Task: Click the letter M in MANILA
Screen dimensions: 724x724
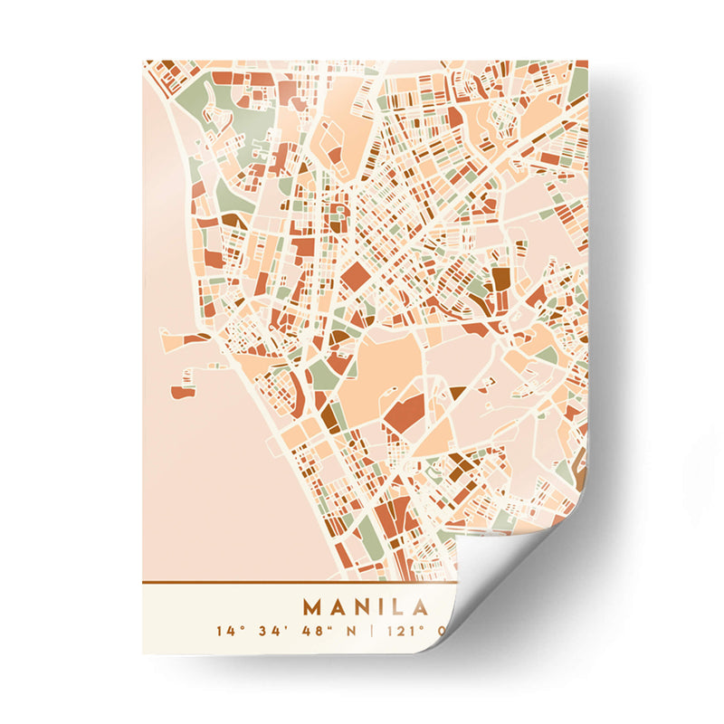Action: tap(313, 606)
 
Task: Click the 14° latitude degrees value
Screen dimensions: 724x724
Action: tap(226, 631)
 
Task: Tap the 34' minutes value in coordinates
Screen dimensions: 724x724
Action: tap(271, 631)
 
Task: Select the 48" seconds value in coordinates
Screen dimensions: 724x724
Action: tap(318, 631)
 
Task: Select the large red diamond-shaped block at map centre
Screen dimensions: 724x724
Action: tap(355, 276)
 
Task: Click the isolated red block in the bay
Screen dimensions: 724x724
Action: tap(181, 392)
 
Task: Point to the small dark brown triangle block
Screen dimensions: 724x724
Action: tap(456, 392)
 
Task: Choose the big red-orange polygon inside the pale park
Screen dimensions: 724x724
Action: tap(403, 412)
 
